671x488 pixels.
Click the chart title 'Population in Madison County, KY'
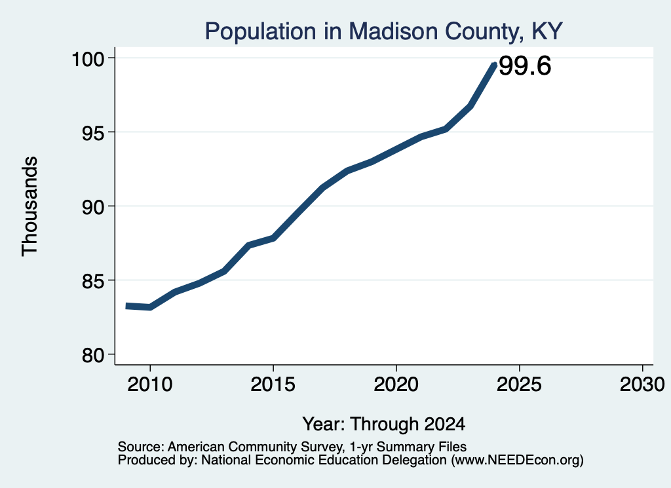[383, 31]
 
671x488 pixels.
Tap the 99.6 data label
[525, 66]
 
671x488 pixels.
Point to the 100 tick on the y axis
[88, 59]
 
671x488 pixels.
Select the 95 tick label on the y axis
[94, 133]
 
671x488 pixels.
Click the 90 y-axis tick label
[94, 207]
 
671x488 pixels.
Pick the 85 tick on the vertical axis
[94, 281]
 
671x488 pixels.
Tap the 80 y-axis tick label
[94, 355]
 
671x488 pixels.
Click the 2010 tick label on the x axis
[150, 384]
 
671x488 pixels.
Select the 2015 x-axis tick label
[273, 384]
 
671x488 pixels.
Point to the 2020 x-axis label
[396, 384]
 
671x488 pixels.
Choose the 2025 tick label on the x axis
[519, 384]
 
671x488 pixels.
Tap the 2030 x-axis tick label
[642, 384]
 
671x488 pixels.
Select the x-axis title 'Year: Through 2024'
[384, 424]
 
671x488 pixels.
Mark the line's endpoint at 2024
[495, 65]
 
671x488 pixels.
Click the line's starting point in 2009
[126, 306]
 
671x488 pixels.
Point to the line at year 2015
[273, 238]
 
